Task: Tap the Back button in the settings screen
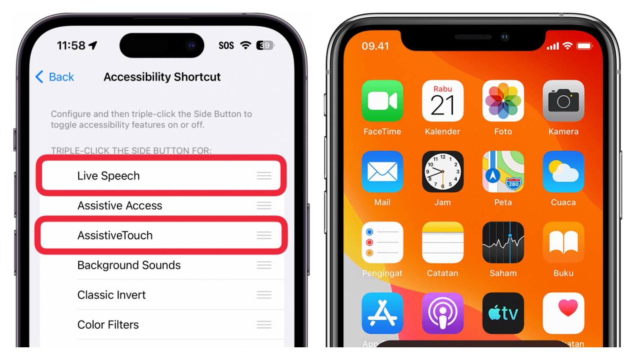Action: tap(55, 77)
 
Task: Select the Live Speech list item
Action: tap(108, 176)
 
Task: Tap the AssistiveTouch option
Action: tap(115, 235)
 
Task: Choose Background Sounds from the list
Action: tap(129, 265)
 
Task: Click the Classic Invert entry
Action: tap(111, 295)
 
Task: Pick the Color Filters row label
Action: tap(108, 325)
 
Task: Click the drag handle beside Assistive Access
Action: tap(264, 206)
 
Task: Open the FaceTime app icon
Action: tap(382, 101)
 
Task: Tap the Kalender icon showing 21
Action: tap(442, 101)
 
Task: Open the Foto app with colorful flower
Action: tap(503, 101)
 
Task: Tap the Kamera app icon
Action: tap(563, 101)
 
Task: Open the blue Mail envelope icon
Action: tap(382, 172)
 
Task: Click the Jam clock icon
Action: tap(442, 172)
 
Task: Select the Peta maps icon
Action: tap(503, 172)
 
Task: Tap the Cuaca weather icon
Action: tap(563, 172)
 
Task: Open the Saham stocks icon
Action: tap(503, 242)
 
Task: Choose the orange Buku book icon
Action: tap(563, 242)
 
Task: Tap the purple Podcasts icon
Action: tap(442, 313)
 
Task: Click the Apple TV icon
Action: tap(503, 313)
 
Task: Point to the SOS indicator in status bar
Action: tap(226, 46)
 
